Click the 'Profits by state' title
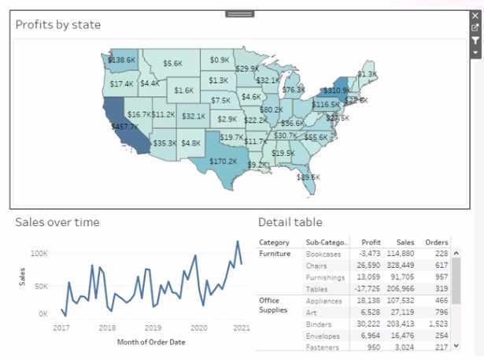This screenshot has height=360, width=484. point(58,24)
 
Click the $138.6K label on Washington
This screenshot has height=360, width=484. point(122,60)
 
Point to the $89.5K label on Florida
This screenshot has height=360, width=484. point(309,177)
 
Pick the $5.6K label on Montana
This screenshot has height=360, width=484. point(172,63)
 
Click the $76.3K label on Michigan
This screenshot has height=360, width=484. point(293,91)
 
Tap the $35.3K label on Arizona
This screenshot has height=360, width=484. point(164,143)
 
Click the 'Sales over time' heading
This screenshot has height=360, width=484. point(57,222)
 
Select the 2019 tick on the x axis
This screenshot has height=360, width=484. point(153,328)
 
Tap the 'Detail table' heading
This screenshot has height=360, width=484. point(290,222)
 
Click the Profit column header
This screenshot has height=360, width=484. point(371,242)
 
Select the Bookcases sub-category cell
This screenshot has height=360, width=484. point(323,254)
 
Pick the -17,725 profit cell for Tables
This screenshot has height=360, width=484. point(366,289)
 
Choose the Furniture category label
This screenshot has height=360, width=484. point(275,254)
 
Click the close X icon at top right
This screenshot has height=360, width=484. point(475,16)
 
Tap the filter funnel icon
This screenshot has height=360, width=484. point(475,40)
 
